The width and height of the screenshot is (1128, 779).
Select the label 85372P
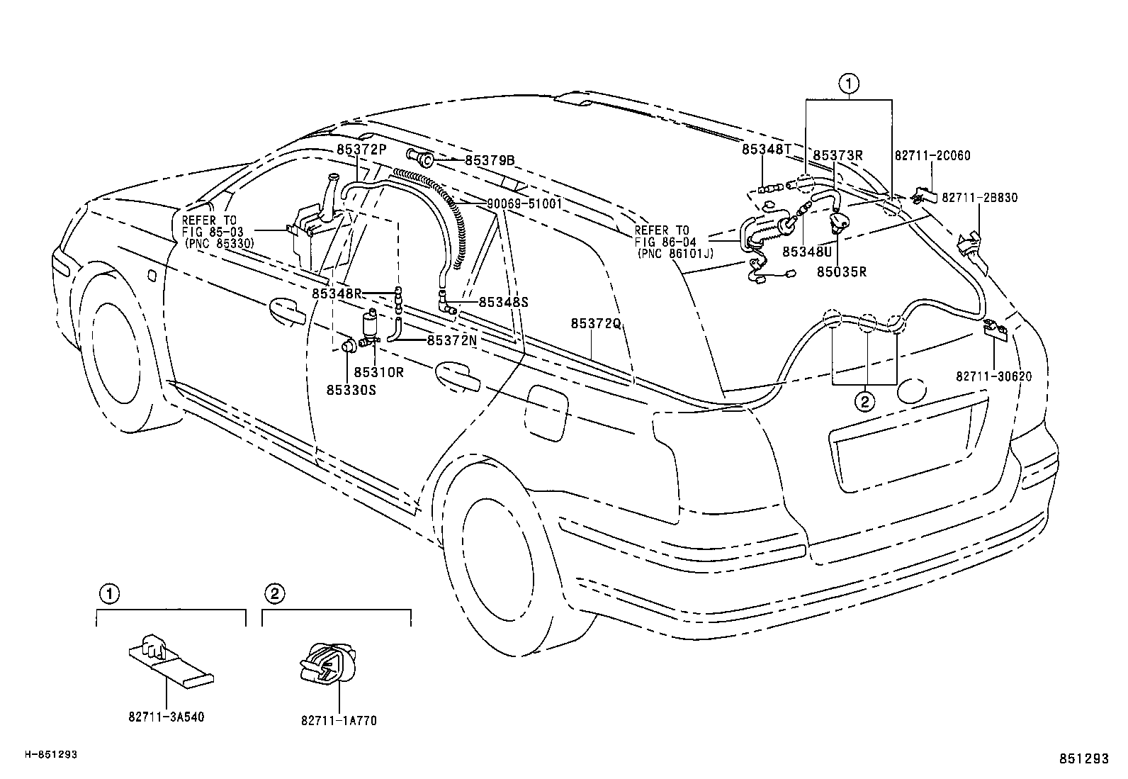(361, 150)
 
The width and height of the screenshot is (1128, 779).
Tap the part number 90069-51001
(524, 203)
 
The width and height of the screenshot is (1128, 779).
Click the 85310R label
(378, 372)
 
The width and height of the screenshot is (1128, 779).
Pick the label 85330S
(351, 389)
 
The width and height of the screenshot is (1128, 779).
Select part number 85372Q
(596, 324)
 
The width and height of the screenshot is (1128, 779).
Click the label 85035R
(841, 271)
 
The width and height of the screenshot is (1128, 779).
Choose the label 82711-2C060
(932, 156)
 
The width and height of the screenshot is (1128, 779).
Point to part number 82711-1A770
(339, 721)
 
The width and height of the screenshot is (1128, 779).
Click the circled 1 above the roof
(848, 84)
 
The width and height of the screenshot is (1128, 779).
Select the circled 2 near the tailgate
(864, 402)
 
